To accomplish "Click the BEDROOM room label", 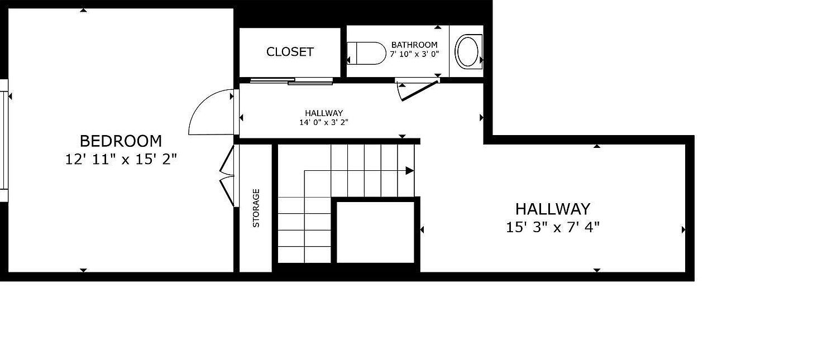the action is (121, 141).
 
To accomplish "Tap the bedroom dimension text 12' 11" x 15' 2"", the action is (121, 160).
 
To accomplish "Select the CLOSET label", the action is (290, 51).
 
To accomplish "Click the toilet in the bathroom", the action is (366, 53).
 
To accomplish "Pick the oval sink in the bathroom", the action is (468, 51).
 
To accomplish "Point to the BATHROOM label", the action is (414, 45).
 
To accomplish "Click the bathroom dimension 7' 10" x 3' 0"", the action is (414, 54).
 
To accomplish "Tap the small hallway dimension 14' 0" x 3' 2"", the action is (324, 122).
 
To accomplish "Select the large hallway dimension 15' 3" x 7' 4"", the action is (553, 227).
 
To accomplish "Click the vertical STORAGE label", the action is (256, 208).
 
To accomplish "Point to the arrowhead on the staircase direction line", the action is (410, 171).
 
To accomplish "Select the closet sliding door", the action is (291, 81).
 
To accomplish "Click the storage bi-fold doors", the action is (227, 175).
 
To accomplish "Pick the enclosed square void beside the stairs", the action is (376, 232).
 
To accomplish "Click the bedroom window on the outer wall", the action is (4, 141).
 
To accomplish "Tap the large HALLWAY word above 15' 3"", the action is (553, 209).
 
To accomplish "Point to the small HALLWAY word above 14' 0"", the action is (324, 113).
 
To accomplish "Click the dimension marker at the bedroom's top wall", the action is (83, 10).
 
